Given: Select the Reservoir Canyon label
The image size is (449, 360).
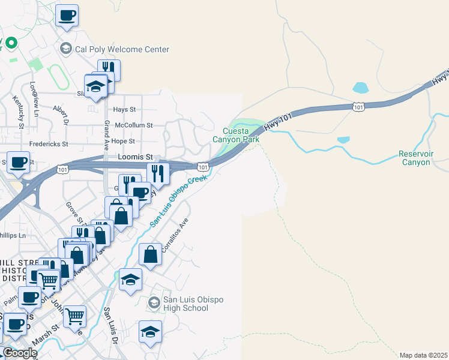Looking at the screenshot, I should (415, 158).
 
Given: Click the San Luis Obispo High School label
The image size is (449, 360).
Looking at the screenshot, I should (185, 304).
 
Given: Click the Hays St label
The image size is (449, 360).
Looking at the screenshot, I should (125, 110).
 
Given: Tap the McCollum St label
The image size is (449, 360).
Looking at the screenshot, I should (133, 125).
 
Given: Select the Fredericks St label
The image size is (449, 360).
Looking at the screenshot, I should (49, 145).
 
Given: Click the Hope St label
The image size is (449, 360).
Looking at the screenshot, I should (123, 141).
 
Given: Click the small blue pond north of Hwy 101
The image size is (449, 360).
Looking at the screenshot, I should (361, 88).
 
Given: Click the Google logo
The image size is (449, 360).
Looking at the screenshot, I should (20, 353).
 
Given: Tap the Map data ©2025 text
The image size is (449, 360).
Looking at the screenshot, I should (423, 355).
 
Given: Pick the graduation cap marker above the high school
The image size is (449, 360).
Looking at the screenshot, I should (130, 279).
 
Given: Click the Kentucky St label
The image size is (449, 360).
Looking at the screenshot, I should (21, 114).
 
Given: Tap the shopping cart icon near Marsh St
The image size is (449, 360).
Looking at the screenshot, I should (74, 315).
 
